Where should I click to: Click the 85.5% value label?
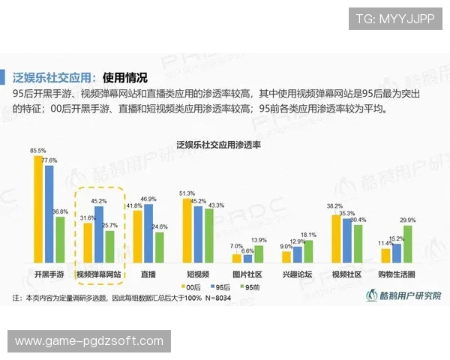[37, 151]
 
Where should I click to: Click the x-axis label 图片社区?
[247, 275]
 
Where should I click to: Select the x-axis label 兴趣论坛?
[296, 275]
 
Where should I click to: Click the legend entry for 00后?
[193, 286]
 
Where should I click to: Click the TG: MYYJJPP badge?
[394, 18]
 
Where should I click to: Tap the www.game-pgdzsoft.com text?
[88, 341]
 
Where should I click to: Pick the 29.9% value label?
[408, 219]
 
